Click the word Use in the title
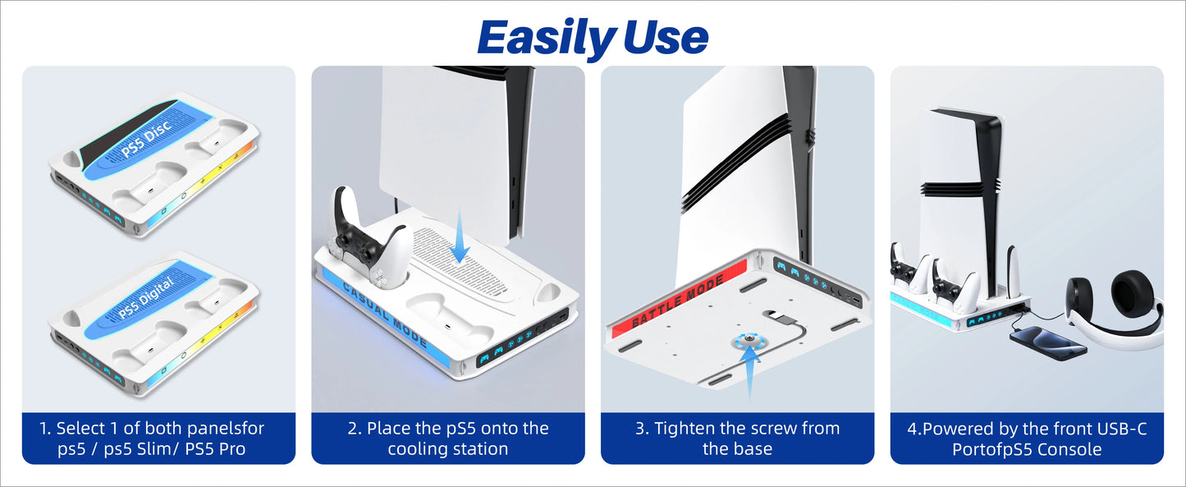(x=666, y=38)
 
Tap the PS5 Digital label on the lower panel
(x=145, y=300)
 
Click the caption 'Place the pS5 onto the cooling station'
(x=447, y=439)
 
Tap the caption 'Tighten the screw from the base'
(x=736, y=439)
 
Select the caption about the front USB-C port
(x=1026, y=439)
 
